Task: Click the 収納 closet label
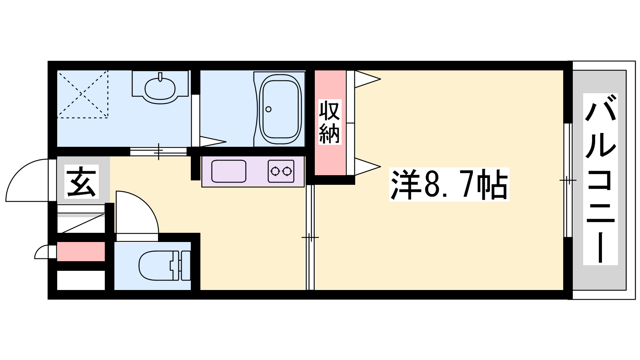pyautogui.click(x=330, y=122)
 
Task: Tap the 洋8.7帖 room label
pyautogui.click(x=449, y=184)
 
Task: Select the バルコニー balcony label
pyautogui.click(x=600, y=179)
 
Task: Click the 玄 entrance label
pyautogui.click(x=82, y=182)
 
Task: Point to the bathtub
pyautogui.click(x=280, y=110)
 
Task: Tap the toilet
pyautogui.click(x=165, y=266)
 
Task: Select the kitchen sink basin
pyautogui.click(x=228, y=172)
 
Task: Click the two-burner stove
pyautogui.click(x=281, y=172)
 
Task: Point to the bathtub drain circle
pyautogui.click(x=268, y=109)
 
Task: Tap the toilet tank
pyautogui.click(x=186, y=266)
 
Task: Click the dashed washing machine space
pyautogui.click(x=82, y=94)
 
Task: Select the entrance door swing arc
pyautogui.click(x=18, y=170)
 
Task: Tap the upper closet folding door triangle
pyautogui.click(x=368, y=79)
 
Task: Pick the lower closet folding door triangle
pyautogui.click(x=368, y=166)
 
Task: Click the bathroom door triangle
pyautogui.click(x=213, y=142)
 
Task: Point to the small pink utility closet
pyautogui.click(x=81, y=252)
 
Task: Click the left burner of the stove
pyautogui.click(x=275, y=172)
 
